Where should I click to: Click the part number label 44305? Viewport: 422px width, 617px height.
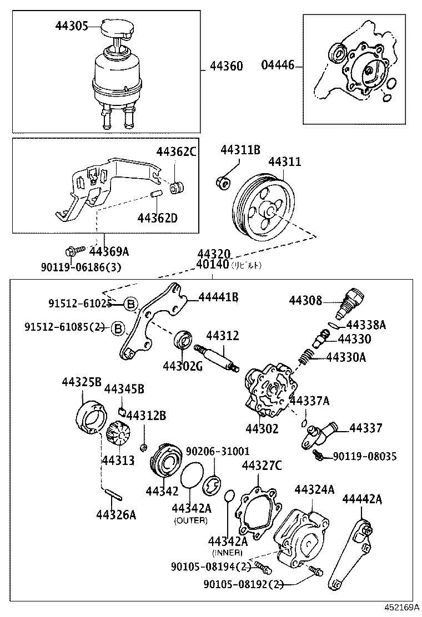pos(72,26)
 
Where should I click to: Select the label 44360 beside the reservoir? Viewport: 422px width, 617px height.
pos(226,67)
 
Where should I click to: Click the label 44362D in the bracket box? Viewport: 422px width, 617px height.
pos(157,218)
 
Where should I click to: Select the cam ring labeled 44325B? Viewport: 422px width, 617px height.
pos(89,416)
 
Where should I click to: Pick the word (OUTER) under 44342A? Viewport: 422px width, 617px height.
pos(190,520)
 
